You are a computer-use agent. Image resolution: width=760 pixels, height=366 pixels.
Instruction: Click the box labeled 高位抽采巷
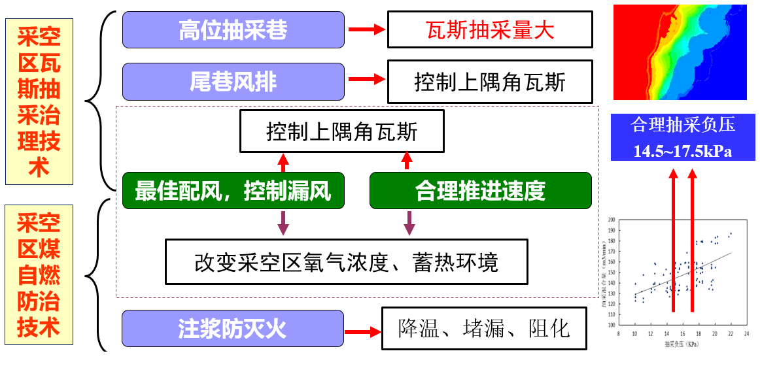click(x=233, y=30)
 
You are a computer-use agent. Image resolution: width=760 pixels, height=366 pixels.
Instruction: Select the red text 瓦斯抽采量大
click(x=490, y=30)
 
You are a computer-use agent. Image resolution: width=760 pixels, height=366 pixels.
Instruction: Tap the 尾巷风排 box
click(x=233, y=81)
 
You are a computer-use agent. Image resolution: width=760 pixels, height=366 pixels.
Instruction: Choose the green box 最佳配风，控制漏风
click(x=233, y=191)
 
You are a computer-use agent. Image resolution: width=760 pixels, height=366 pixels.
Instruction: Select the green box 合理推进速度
click(x=480, y=191)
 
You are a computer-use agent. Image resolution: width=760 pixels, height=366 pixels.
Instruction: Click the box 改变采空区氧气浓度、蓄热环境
click(x=346, y=262)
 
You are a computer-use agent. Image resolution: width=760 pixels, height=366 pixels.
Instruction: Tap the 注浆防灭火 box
click(x=233, y=329)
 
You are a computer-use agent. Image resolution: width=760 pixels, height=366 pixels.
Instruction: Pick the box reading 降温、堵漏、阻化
click(x=484, y=329)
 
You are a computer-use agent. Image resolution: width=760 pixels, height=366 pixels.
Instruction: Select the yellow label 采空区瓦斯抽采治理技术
click(x=39, y=101)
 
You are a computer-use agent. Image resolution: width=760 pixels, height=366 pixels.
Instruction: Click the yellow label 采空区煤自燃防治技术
click(x=39, y=274)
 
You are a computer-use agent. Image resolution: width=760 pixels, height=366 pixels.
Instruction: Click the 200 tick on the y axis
click(x=612, y=220)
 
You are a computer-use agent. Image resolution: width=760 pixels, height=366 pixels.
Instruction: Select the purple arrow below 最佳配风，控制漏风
click(x=283, y=223)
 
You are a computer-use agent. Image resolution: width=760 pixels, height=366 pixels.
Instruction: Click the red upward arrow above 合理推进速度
click(x=407, y=161)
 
